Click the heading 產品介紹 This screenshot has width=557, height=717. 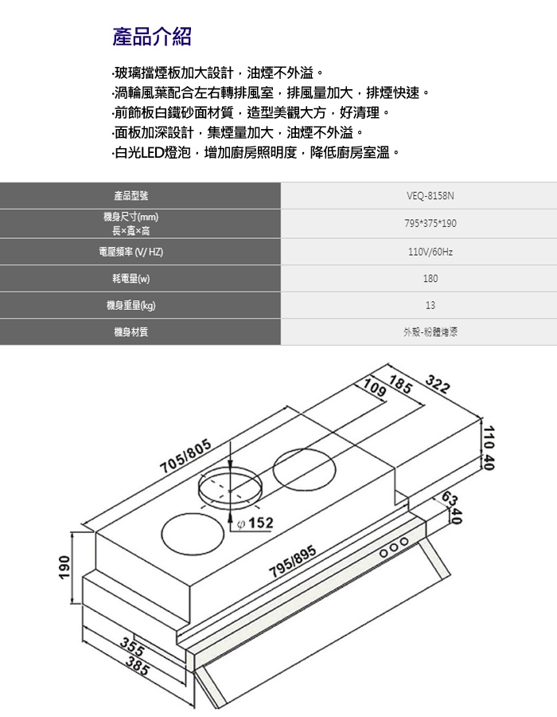152,37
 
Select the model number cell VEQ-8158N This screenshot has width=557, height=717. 430,196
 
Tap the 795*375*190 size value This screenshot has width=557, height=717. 430,224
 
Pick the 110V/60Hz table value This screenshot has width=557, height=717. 430,252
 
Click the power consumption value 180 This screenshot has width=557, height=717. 430,279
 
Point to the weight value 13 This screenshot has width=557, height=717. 430,305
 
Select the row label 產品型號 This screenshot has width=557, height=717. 131,196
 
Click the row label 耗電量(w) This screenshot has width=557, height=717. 131,279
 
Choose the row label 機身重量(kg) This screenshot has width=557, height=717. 131,305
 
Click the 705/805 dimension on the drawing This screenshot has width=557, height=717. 186,456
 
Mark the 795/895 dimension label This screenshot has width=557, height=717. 293,562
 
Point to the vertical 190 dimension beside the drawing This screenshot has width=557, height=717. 64,567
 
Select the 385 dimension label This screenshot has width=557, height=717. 138,666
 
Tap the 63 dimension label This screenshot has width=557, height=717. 450,500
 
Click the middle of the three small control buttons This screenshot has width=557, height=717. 394,547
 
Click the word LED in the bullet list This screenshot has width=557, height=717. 152,152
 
